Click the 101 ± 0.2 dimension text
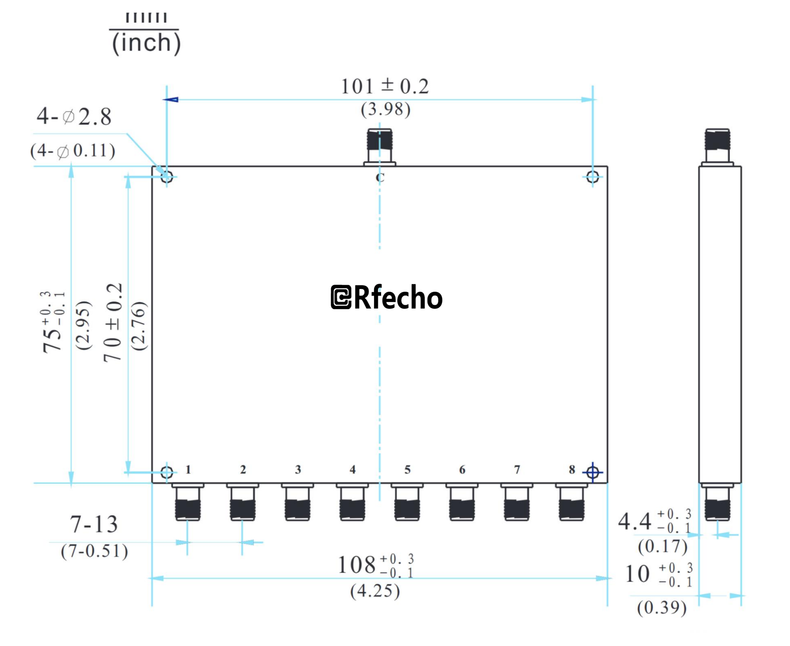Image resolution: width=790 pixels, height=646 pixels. [x=385, y=87]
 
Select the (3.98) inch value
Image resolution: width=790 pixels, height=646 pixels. [x=385, y=110]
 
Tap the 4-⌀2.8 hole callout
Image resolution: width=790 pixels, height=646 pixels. [x=74, y=116]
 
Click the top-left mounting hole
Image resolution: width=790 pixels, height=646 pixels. [x=167, y=177]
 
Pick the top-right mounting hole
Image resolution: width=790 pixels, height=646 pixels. [x=592, y=177]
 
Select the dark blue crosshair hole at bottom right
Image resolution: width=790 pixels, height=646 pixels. [x=592, y=473]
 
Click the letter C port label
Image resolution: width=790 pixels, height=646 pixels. [x=380, y=178]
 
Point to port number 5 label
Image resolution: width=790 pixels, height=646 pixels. [x=407, y=470]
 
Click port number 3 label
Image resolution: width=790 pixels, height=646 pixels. [x=298, y=470]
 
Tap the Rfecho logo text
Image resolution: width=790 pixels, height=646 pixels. [x=387, y=297]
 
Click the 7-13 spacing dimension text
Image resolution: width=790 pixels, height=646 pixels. [x=94, y=525]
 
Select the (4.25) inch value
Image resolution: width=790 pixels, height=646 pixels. [x=375, y=591]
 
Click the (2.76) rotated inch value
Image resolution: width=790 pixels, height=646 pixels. [x=139, y=326]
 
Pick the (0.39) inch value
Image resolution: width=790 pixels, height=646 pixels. [x=662, y=607]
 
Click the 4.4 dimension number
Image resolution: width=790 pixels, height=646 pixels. [x=635, y=522]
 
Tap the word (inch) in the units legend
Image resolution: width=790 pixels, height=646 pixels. [x=146, y=43]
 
